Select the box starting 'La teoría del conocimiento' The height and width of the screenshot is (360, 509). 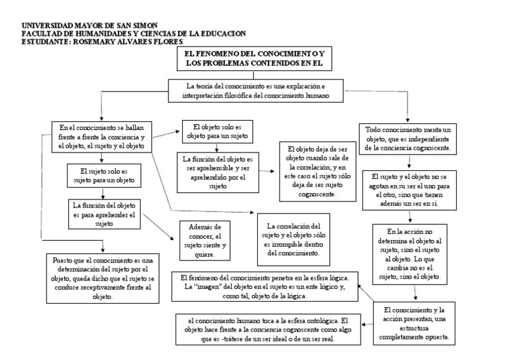[256, 91]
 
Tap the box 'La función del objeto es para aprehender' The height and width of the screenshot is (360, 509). [103, 215]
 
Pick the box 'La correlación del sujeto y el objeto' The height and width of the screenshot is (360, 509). [292, 239]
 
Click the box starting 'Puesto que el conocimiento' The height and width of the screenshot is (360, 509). [102, 278]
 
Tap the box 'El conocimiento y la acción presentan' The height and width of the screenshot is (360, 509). [416, 323]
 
